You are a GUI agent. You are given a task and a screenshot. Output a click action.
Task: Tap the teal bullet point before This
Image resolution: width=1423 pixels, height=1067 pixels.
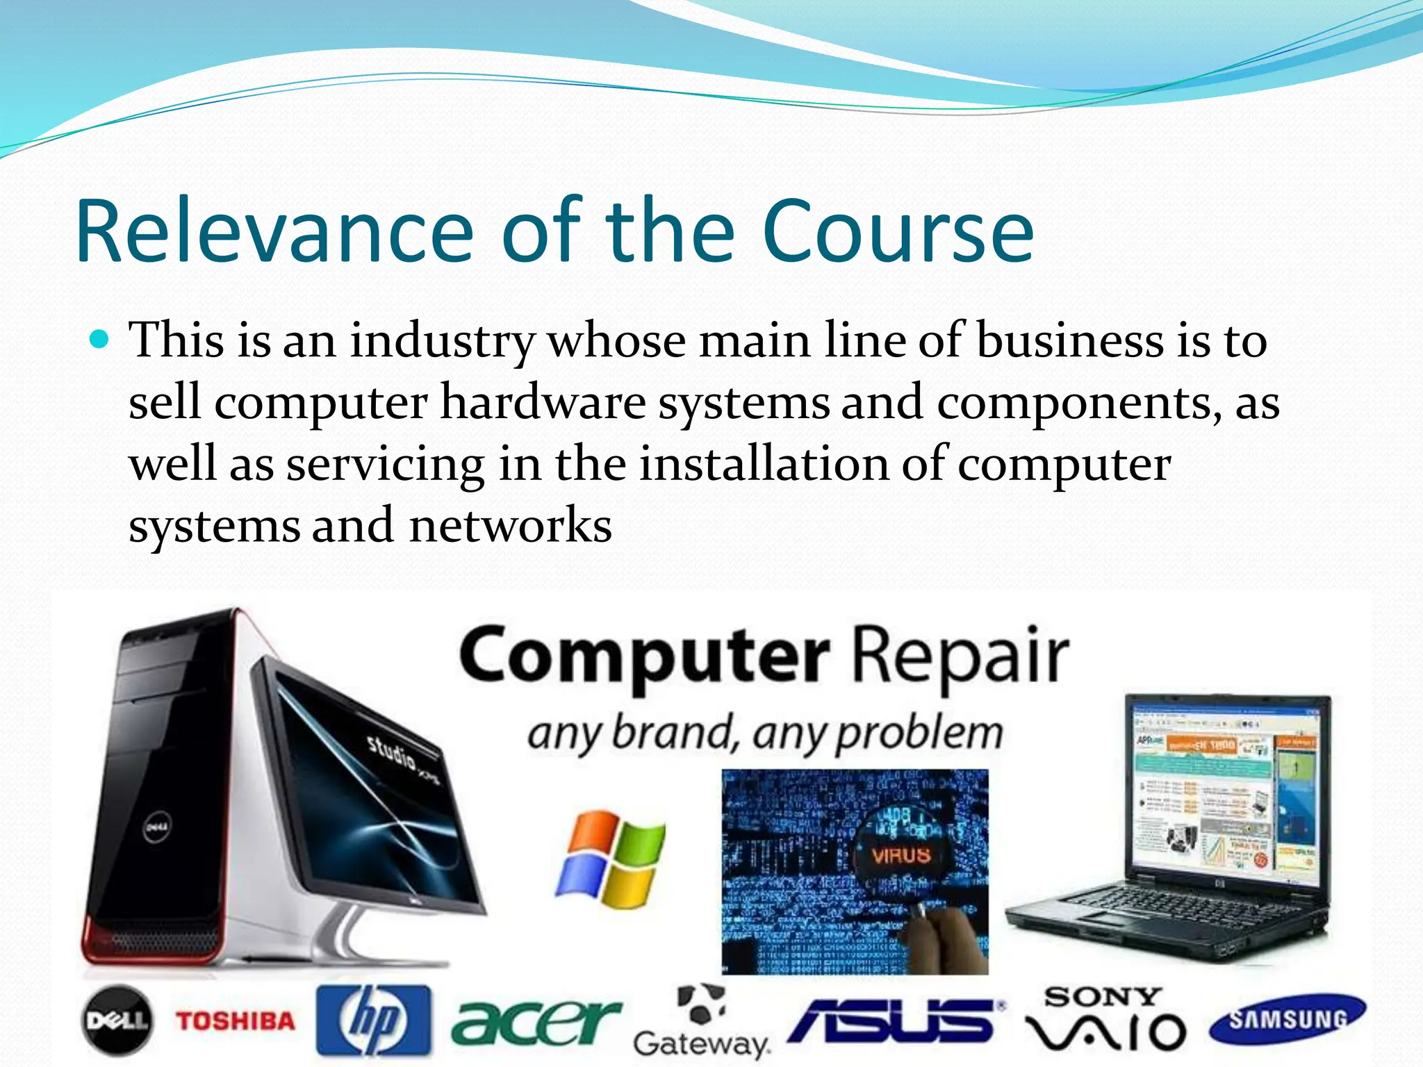coord(101,340)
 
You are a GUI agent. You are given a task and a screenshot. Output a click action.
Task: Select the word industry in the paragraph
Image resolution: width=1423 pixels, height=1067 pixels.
coord(442,342)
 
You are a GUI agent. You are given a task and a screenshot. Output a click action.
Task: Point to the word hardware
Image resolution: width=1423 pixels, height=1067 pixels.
coord(543,403)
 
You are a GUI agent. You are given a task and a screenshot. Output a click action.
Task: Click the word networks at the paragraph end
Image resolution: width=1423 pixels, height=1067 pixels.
coord(511,526)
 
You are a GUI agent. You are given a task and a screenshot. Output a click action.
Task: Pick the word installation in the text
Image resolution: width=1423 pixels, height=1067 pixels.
coord(764,464)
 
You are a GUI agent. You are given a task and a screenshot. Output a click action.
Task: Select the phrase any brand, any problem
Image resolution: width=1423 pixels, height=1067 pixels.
coord(764,734)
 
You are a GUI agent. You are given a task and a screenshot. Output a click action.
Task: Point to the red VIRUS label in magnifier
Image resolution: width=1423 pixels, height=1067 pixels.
coord(900,854)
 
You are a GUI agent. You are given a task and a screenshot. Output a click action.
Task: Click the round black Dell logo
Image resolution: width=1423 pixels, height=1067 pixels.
coord(117,1020)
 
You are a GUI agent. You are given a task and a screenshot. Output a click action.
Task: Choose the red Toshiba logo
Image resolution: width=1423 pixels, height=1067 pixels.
coord(236,1020)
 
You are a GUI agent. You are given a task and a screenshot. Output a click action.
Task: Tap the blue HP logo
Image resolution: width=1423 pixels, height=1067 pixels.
coord(374,1020)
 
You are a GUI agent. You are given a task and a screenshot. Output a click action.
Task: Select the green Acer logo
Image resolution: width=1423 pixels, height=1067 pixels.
coord(535,1021)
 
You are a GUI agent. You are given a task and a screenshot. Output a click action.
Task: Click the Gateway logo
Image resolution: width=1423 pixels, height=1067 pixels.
coord(702,1022)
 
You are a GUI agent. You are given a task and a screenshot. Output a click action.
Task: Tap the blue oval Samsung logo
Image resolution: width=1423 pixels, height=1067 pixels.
coord(1288,1019)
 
